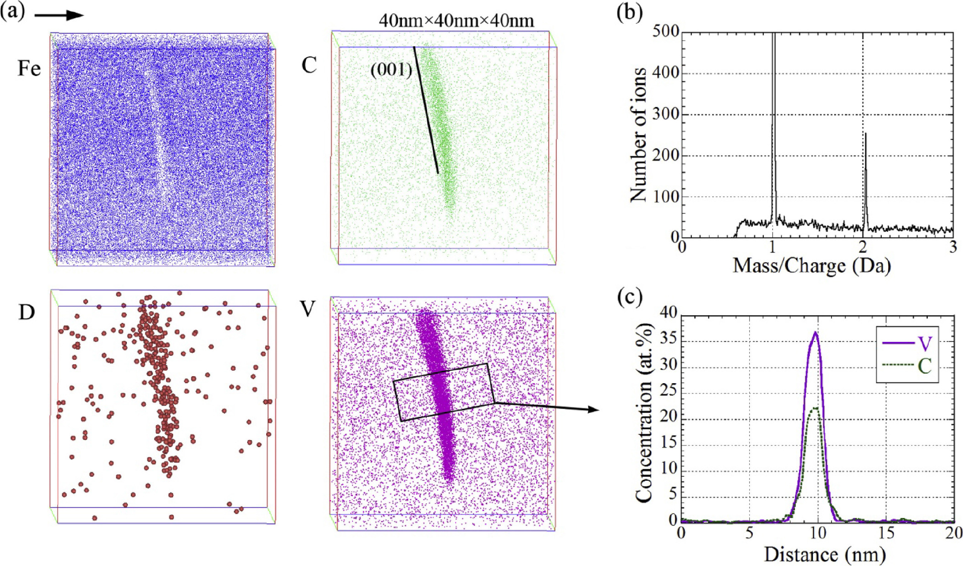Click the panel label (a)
[x=12, y=11]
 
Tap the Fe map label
[x=29, y=68]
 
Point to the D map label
[x=26, y=312]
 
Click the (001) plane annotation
[x=392, y=70]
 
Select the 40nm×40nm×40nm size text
[x=456, y=20]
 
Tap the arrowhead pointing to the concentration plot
[x=593, y=409]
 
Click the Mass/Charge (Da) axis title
[x=812, y=266]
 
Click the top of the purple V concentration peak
[x=815, y=332]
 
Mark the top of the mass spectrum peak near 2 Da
[x=865, y=133]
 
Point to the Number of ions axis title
[x=639, y=135]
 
